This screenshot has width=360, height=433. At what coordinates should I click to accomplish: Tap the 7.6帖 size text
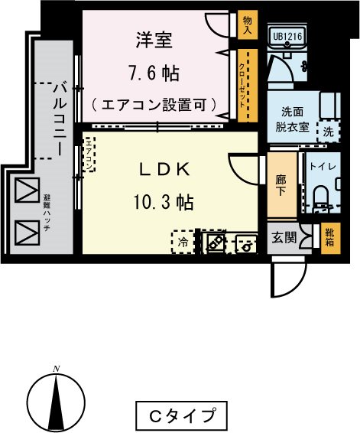(x=154, y=74)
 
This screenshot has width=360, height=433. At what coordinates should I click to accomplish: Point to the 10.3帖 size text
(x=162, y=203)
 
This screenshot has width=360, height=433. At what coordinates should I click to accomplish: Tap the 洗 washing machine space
(x=328, y=131)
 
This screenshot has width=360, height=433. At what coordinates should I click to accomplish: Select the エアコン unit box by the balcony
(x=89, y=155)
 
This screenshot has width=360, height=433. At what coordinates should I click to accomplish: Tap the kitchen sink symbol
(x=246, y=243)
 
